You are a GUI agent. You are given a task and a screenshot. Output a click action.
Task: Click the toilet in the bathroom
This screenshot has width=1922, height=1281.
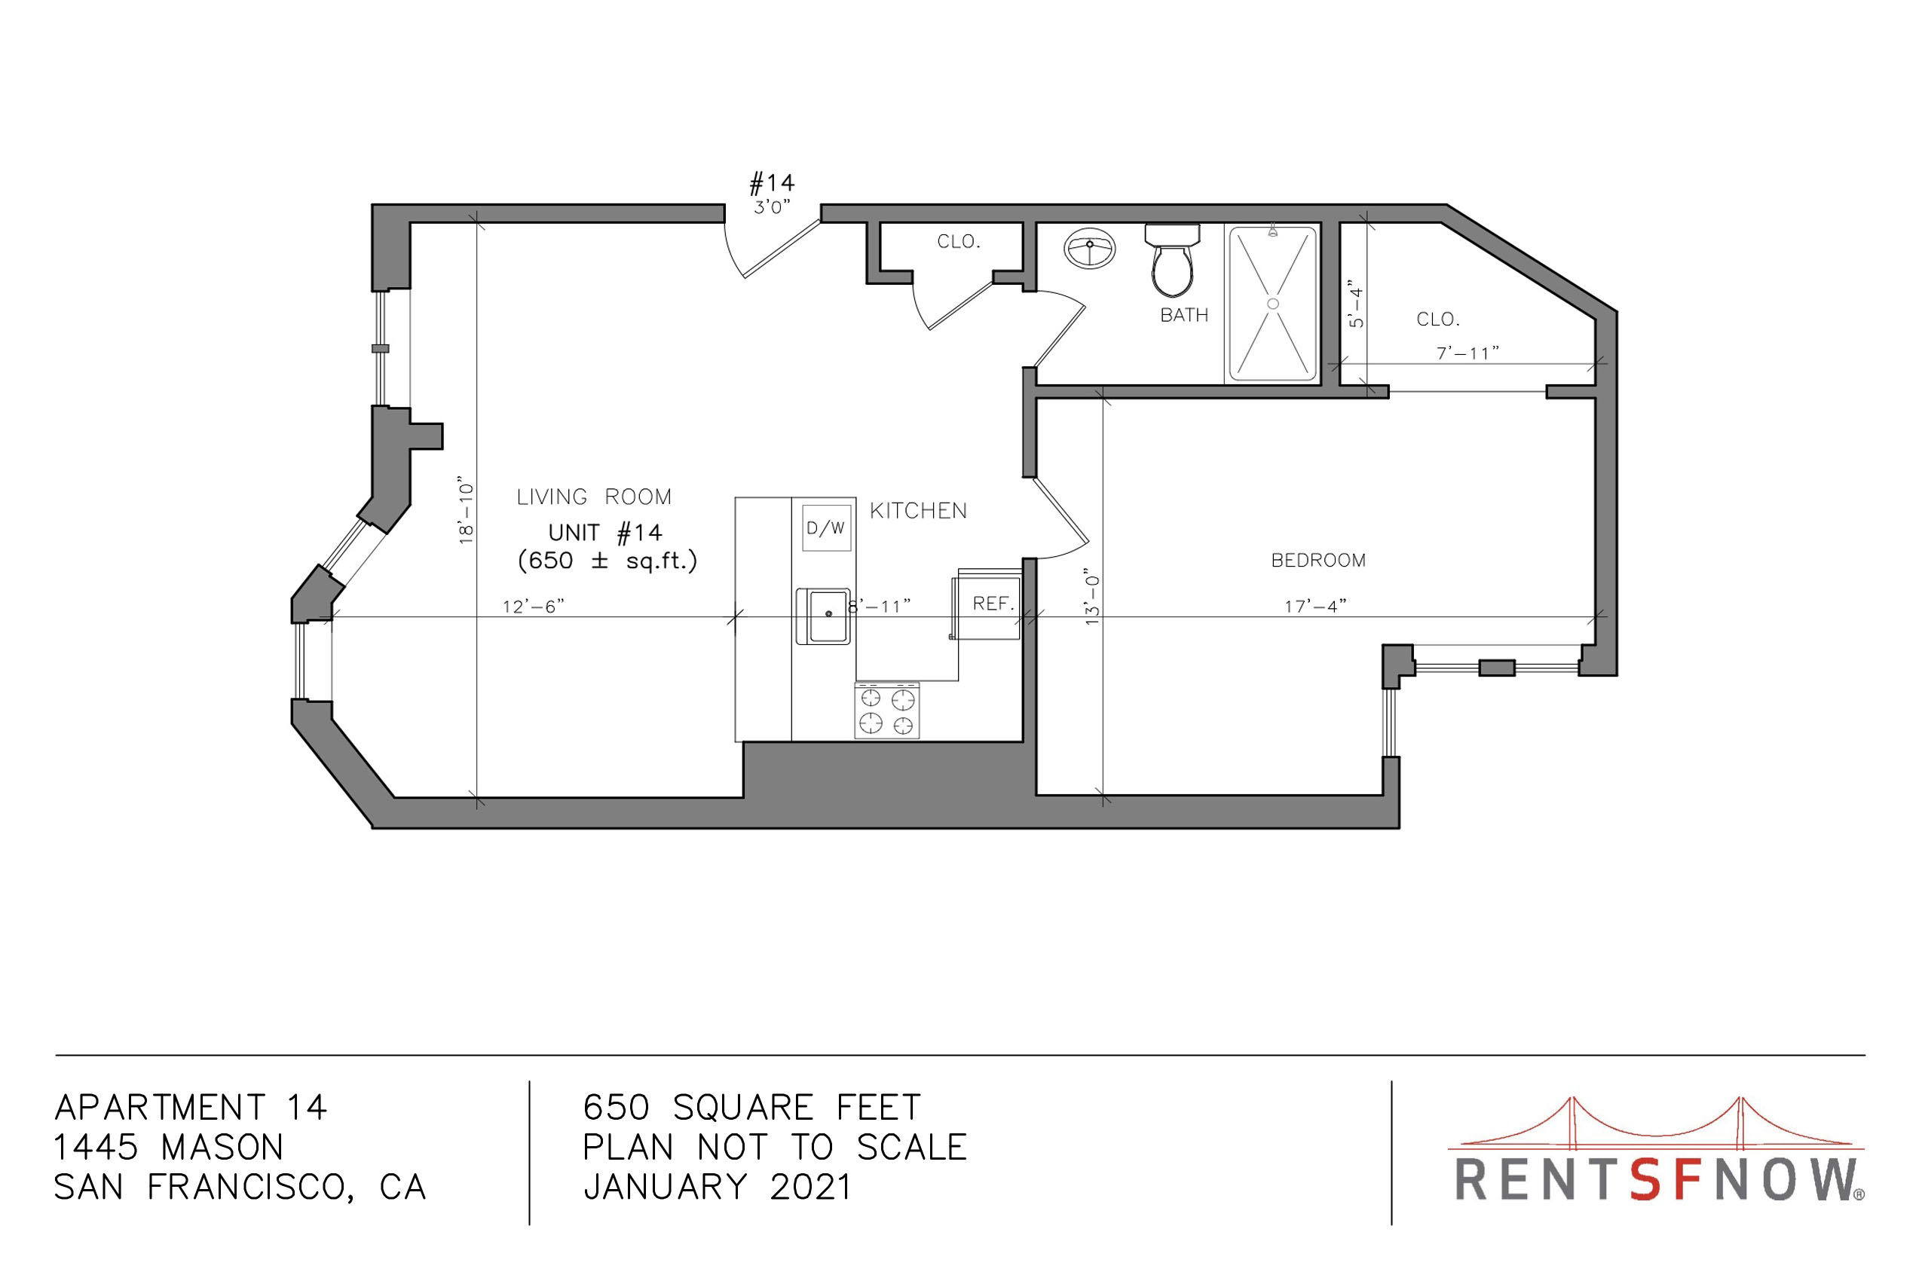pyautogui.click(x=1172, y=261)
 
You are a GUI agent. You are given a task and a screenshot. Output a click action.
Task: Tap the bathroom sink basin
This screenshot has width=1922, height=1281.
pyautogui.click(x=1089, y=249)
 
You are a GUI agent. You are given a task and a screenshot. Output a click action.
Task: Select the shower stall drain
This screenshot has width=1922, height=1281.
pyautogui.click(x=1272, y=304)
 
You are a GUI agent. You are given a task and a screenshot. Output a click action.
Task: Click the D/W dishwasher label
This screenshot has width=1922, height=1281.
pyautogui.click(x=825, y=528)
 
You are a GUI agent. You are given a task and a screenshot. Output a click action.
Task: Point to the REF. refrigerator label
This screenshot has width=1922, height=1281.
pyautogui.click(x=993, y=604)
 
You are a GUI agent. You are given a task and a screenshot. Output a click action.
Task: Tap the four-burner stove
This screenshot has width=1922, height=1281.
pyautogui.click(x=886, y=710)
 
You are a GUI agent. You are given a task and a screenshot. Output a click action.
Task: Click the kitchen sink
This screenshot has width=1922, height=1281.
pyautogui.click(x=824, y=616)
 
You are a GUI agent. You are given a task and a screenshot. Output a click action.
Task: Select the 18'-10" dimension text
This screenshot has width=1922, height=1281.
pyautogui.click(x=466, y=510)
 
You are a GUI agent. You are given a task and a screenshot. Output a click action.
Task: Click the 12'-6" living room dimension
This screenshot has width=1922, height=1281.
pyautogui.click(x=533, y=606)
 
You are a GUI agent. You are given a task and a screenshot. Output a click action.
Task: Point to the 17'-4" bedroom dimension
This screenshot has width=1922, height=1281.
pyautogui.click(x=1314, y=606)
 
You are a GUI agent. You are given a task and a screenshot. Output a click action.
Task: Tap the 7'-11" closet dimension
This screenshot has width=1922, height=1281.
pyautogui.click(x=1468, y=353)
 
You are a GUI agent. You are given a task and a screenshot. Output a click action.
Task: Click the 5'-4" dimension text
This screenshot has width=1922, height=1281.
pyautogui.click(x=1357, y=303)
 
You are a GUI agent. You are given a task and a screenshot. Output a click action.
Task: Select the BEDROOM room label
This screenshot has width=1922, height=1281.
pyautogui.click(x=1318, y=561)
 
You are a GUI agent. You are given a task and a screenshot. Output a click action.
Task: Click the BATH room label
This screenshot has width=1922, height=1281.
pyautogui.click(x=1184, y=315)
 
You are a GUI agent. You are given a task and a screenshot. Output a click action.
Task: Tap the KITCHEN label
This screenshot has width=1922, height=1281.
pyautogui.click(x=919, y=512)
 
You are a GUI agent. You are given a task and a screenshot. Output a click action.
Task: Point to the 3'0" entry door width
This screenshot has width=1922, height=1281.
pyautogui.click(x=773, y=206)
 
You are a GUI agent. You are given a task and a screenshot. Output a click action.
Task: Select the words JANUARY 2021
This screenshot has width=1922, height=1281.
pyautogui.click(x=718, y=1187)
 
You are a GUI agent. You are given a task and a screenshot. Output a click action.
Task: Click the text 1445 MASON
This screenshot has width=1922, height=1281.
pyautogui.click(x=168, y=1148)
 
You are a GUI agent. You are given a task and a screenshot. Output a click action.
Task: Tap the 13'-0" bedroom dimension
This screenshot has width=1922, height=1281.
pyautogui.click(x=1093, y=598)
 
